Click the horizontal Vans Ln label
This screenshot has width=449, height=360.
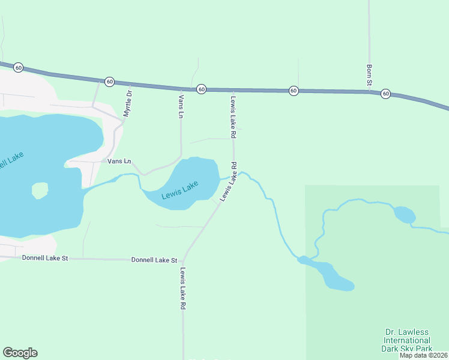(118, 161)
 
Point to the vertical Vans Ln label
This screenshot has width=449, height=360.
(181, 106)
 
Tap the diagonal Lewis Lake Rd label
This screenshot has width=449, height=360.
(229, 181)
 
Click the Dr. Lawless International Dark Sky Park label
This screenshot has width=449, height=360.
(407, 340)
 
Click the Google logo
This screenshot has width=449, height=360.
(20, 353)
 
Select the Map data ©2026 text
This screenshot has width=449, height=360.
(424, 355)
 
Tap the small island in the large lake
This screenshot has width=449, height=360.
(40, 190)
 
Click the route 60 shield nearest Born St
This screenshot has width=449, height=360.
(385, 94)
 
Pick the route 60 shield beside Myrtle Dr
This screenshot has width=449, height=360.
(109, 81)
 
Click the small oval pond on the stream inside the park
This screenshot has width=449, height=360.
(404, 214)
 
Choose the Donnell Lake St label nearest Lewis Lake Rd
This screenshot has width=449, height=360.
(154, 260)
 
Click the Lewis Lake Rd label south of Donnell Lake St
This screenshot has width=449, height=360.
(182, 288)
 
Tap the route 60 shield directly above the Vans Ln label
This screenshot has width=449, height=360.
(201, 89)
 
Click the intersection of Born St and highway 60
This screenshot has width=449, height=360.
(369, 91)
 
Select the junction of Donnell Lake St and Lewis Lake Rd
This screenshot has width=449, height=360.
(182, 260)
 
